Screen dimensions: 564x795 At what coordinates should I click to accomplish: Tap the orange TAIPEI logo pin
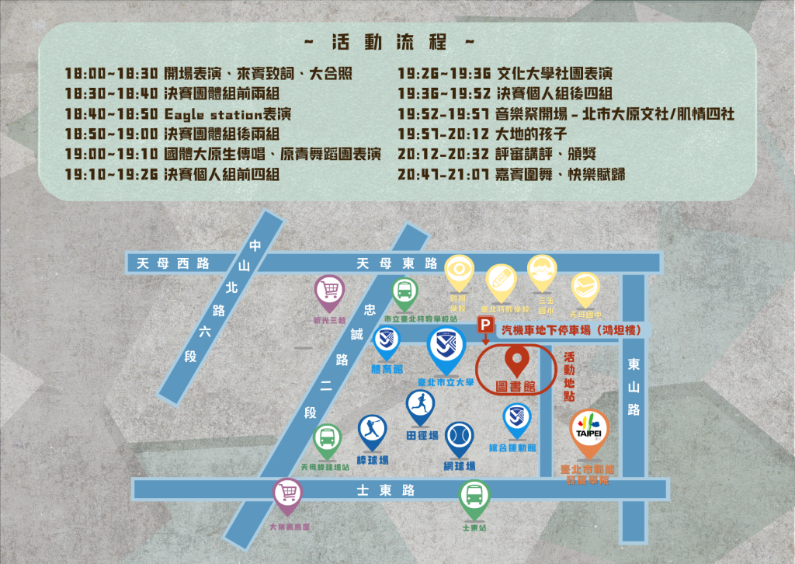[x=590, y=429]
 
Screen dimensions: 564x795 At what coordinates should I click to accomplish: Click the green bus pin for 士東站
[x=474, y=497]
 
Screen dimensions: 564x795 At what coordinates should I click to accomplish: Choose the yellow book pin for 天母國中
[x=585, y=289]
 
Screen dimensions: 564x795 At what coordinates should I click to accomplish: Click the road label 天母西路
[x=173, y=263]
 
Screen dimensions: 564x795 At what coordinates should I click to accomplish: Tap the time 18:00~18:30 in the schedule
[x=112, y=74]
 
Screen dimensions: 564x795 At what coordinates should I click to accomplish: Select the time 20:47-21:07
[x=443, y=175]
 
